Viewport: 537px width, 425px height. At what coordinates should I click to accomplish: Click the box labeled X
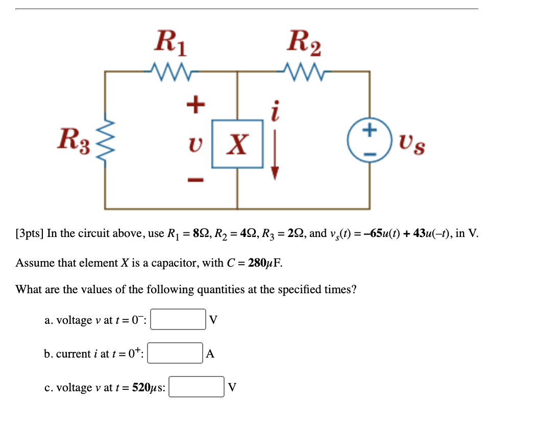tap(237, 144)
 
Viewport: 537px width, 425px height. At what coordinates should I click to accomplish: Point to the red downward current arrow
tap(275, 153)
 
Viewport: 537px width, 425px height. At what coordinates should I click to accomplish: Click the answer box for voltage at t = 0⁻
tap(177, 320)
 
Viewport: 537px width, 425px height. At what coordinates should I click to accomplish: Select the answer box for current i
tap(175, 353)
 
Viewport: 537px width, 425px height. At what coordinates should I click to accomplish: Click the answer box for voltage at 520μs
tap(197, 387)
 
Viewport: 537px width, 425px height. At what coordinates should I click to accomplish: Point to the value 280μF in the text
tap(264, 263)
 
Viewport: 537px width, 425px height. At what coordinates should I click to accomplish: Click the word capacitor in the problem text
tap(179, 264)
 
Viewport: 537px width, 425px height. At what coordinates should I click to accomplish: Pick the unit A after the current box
tap(210, 353)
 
